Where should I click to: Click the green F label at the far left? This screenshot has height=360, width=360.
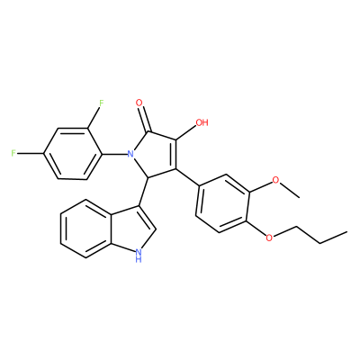pos(13,154)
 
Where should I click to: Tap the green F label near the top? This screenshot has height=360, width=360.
pos(102,103)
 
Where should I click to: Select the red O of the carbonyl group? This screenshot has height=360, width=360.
pos(139,103)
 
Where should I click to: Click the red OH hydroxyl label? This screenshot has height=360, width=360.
pos(202,122)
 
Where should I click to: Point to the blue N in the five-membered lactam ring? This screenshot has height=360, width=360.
pos(130,154)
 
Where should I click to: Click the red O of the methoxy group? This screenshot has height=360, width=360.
pos(275,180)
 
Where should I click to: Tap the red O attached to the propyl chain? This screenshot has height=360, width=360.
pos(269,238)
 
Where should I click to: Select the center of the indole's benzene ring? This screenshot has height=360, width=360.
pos(86,229)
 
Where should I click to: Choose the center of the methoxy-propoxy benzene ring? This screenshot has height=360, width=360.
pos(222,203)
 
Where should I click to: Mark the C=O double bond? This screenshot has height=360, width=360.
pos(144,119)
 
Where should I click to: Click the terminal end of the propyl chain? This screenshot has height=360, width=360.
pos(347,231)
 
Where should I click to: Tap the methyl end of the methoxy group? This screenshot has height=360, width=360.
pos(299,197)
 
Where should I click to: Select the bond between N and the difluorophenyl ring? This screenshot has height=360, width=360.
pos(114,154)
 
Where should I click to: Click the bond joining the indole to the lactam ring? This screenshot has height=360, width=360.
pos(144,192)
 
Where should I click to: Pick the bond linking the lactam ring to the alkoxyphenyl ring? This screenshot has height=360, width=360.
pos(187,177)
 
